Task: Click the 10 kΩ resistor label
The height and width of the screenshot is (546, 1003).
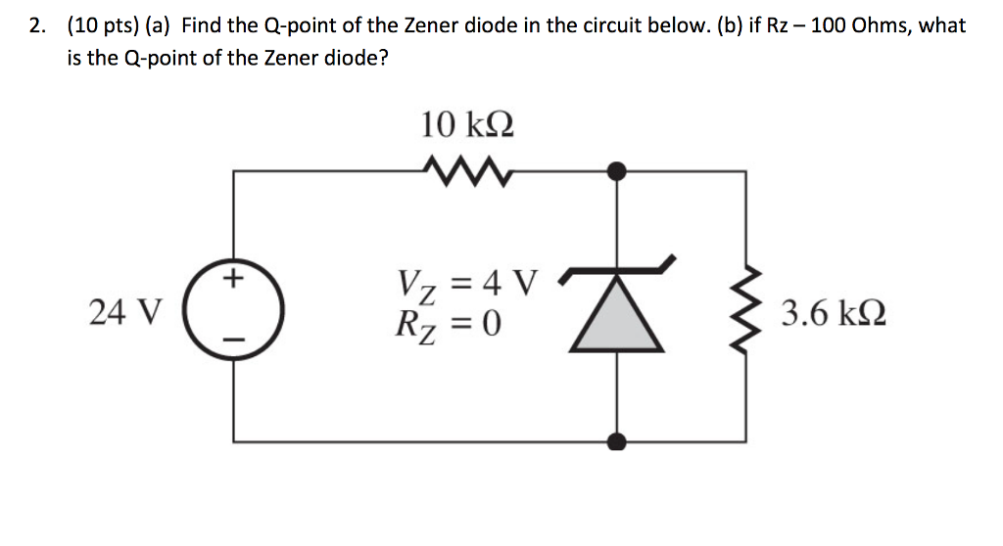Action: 468,125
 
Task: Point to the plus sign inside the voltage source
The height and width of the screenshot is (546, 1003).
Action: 233,281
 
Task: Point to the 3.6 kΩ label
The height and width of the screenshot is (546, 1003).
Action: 833,314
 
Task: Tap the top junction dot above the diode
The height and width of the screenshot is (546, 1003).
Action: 616,172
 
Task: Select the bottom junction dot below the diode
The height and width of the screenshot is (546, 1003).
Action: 616,440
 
